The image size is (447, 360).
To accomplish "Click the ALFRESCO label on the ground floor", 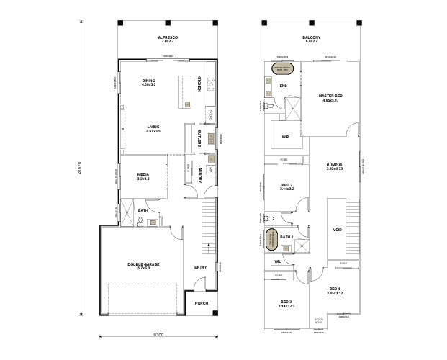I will pos(168,37).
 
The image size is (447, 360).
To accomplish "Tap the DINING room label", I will pos(149,81).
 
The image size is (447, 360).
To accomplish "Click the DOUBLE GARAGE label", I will pos(143,264).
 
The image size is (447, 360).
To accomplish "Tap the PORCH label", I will pos(202,303).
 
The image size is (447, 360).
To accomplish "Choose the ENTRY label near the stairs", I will pos(200,267).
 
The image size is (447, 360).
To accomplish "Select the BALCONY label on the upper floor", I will pos(311,37).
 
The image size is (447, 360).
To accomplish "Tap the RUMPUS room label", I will pos(333,166).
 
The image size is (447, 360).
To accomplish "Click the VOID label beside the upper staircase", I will pos(337,230).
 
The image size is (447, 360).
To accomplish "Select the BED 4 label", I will pos(335,290).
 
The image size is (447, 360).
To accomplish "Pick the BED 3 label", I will pos(286,302).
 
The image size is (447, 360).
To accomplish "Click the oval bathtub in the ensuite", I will pos(281,70).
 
